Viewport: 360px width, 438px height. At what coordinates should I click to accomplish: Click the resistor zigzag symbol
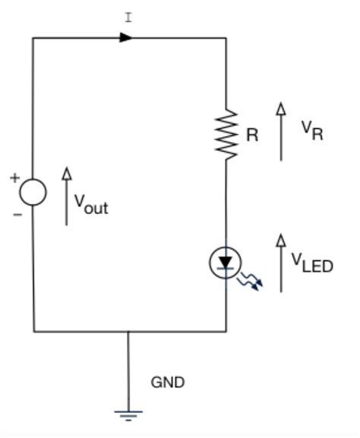[226, 134]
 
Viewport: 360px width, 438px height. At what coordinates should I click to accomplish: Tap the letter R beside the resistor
[252, 136]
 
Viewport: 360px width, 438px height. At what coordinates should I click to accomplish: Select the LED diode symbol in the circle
[225, 263]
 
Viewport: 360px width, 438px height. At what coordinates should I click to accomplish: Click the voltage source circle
[33, 193]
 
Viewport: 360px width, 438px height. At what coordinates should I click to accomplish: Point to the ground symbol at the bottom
[128, 414]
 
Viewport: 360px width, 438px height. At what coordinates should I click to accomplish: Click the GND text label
[167, 382]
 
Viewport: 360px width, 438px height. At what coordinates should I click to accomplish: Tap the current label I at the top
[128, 17]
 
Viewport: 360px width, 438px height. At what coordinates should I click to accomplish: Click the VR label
[311, 131]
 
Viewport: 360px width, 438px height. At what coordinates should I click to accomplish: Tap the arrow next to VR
[281, 131]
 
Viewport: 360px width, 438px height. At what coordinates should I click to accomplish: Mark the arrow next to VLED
[281, 263]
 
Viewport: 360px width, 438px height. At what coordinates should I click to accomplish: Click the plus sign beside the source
[14, 178]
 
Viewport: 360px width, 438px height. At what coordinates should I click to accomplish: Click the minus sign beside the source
[17, 215]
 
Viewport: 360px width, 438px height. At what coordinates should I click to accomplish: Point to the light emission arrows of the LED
[251, 283]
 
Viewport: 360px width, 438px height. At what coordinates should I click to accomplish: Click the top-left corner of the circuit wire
[33, 37]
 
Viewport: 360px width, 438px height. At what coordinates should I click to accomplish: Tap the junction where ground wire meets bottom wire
[128, 331]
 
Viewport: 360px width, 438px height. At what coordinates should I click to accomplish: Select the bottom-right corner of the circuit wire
[226, 331]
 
